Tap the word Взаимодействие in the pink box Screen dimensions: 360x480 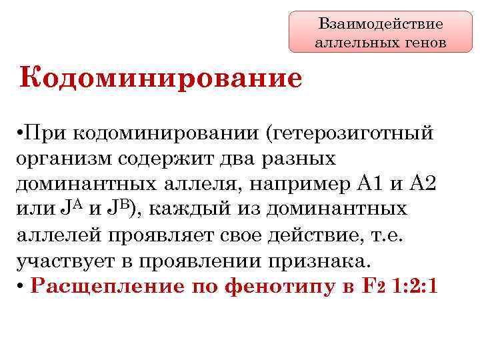click(381, 25)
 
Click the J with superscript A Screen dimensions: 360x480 click(75, 209)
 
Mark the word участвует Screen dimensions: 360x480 click(65, 261)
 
